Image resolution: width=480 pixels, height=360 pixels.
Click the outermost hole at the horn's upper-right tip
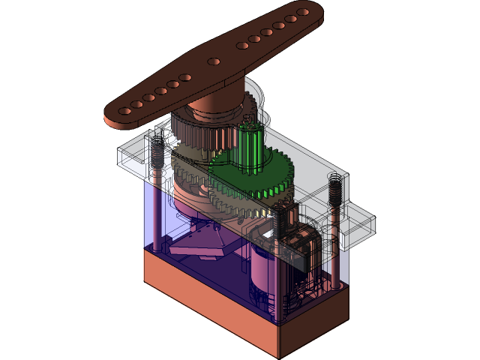(x=302, y=13)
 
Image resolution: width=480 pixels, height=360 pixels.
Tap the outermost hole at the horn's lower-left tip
(x=125, y=110)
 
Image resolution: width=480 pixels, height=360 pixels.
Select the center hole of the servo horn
(x=214, y=60)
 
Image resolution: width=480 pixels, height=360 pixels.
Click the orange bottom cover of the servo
(x=240, y=300)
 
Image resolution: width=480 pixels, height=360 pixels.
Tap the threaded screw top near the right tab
(x=334, y=187)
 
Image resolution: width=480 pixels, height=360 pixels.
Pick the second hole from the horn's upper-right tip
(x=290, y=19)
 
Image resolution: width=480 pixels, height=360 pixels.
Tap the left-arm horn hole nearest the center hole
(x=185, y=77)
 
